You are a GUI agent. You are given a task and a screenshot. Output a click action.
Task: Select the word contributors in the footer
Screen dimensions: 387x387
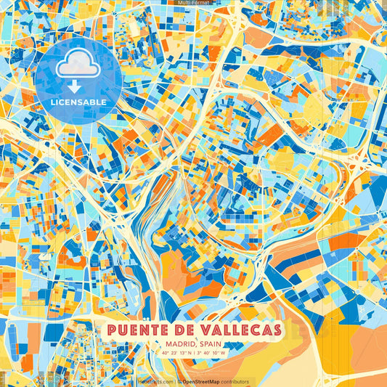pyautogui.click(x=233, y=382)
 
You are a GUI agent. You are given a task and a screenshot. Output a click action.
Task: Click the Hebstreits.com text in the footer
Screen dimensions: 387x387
pyautogui.click(x=155, y=382)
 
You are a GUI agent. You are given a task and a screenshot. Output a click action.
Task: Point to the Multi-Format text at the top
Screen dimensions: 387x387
pyautogui.click(x=193, y=3)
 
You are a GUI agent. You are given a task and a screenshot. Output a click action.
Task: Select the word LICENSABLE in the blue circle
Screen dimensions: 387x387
pyautogui.click(x=78, y=102)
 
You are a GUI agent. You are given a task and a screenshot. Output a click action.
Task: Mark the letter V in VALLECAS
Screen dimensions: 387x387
pyautogui.click(x=199, y=330)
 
